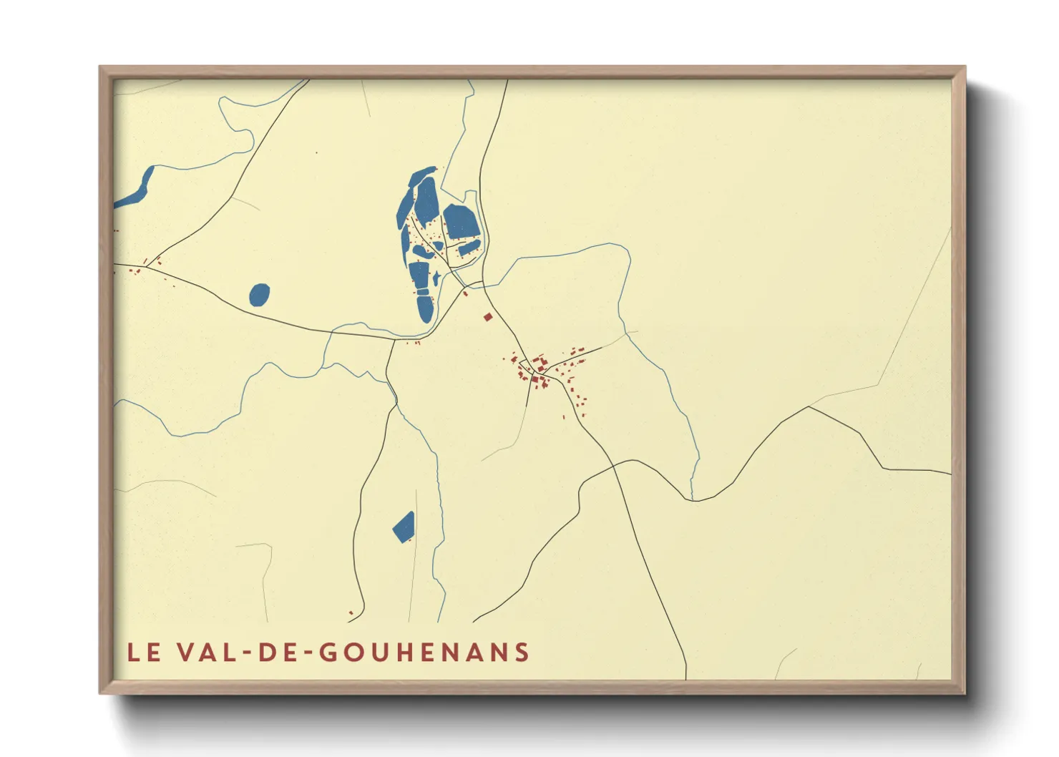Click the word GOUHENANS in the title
click(x=424, y=653)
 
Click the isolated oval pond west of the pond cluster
click(x=260, y=295)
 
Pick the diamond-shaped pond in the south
click(x=404, y=527)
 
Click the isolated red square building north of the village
click(x=488, y=317)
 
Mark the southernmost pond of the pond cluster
click(x=425, y=308)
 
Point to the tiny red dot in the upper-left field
click(x=316, y=152)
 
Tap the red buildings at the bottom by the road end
click(x=351, y=612)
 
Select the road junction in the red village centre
click(x=534, y=375)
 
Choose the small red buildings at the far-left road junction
click(x=136, y=270)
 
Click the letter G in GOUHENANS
click(x=327, y=653)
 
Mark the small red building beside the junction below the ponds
click(x=465, y=293)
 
